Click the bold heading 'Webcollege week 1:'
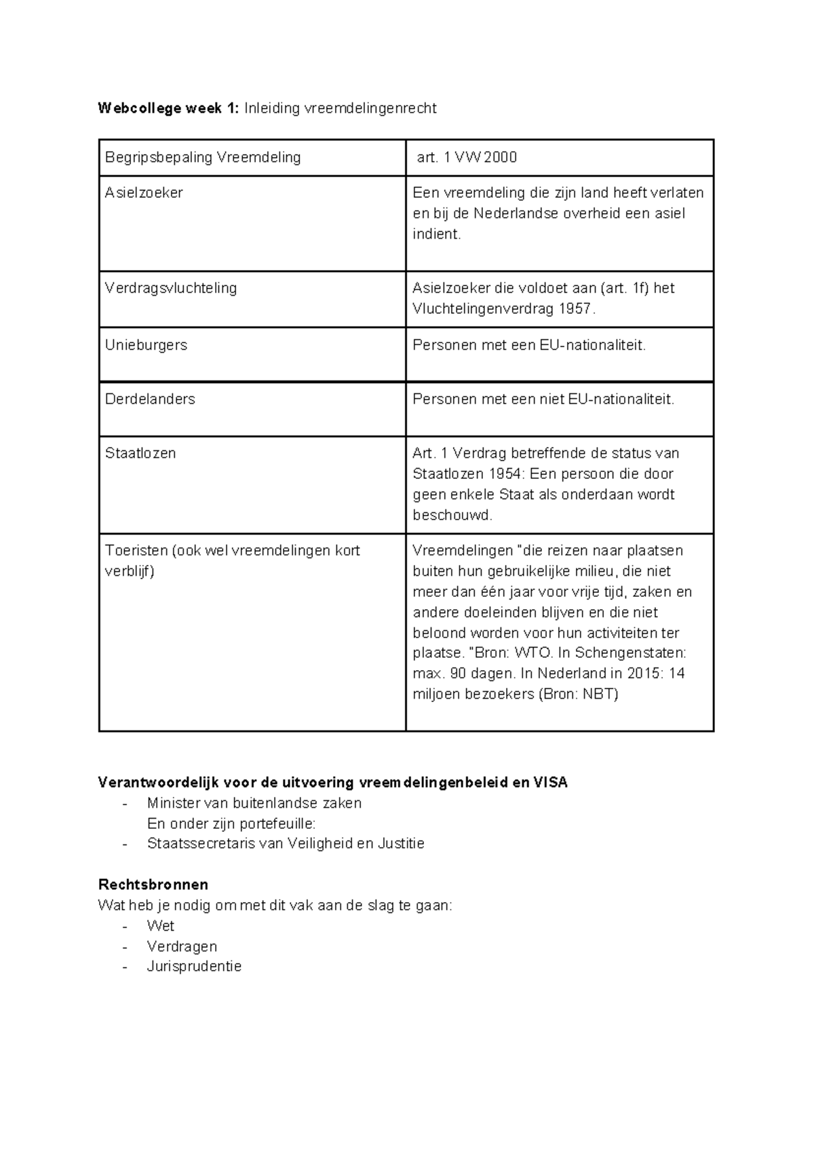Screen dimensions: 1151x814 168,109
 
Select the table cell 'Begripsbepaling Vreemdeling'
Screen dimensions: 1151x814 203,157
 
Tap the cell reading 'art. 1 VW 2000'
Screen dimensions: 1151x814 467,157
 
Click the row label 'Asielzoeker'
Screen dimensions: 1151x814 144,193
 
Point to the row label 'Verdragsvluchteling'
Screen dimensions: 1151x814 171,288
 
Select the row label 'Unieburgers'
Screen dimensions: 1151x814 146,345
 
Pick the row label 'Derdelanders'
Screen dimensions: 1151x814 150,399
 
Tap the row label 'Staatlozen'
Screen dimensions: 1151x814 140,453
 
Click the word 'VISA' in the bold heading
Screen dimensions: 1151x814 551,782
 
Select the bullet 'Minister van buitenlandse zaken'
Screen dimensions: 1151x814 254,803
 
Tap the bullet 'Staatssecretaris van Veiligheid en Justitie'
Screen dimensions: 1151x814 286,844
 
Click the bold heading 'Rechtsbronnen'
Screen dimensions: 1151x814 153,884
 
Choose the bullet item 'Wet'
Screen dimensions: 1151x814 161,926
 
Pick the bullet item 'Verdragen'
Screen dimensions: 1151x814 182,946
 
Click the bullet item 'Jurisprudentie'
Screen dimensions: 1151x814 194,967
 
